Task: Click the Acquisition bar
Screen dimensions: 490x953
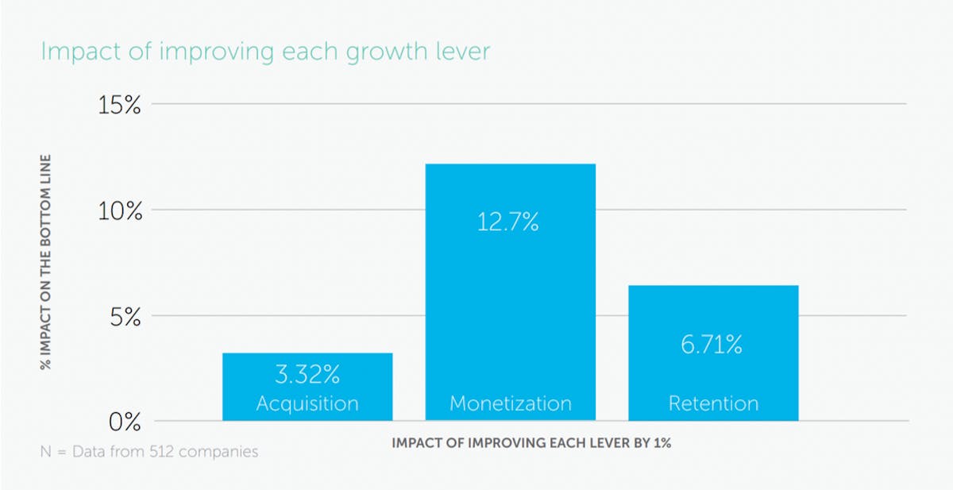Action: coord(307,386)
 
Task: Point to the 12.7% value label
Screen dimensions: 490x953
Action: coord(507,223)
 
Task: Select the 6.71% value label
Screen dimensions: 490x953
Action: coord(712,345)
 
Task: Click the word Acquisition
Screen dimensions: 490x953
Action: coord(307,403)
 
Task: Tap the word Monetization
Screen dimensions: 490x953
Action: coord(510,403)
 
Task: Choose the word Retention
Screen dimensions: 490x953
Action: coord(713,403)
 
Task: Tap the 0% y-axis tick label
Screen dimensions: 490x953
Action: coord(124,421)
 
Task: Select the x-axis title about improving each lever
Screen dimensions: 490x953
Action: coord(531,443)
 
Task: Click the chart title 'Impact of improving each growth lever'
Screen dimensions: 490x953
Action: coord(264,52)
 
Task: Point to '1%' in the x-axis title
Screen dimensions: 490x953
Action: coord(662,443)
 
